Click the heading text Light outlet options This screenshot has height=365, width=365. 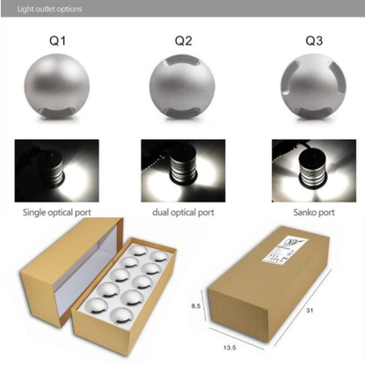coord(43,9)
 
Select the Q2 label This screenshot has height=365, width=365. coord(182,40)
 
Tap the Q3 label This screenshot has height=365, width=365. coord(302,40)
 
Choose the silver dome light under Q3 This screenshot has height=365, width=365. coord(302,87)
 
